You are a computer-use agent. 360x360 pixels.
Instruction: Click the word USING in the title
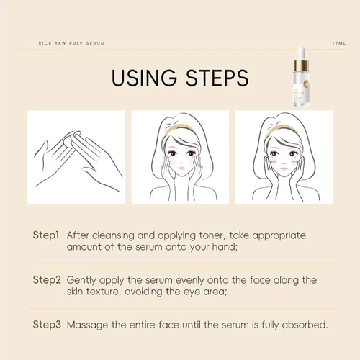[144, 78]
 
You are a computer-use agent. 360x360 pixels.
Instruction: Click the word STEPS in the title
[217, 78]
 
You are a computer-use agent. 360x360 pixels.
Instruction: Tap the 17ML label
[339, 43]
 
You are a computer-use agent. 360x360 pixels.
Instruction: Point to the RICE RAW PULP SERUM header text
[72, 43]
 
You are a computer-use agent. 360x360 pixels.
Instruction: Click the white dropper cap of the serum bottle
[301, 53]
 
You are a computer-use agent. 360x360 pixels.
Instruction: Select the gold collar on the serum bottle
[302, 66]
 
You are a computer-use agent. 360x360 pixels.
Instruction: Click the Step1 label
[46, 235]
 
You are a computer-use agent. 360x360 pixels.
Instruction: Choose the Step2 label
[47, 280]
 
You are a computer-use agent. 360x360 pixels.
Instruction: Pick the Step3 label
[47, 325]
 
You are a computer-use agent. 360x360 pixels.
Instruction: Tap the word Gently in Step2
[81, 281]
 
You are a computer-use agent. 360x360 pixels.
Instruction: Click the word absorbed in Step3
[305, 325]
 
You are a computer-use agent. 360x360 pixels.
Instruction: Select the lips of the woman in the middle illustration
[181, 168]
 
